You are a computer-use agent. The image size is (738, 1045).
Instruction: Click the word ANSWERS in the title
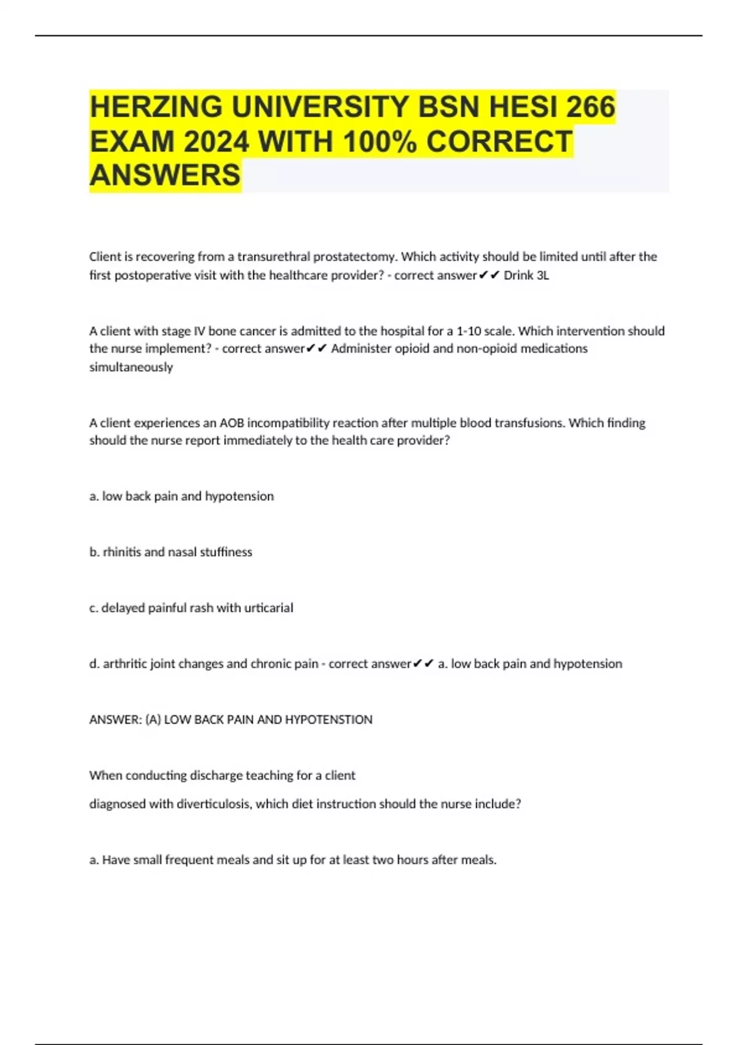click(165, 175)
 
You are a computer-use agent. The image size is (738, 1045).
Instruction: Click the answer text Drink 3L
click(526, 275)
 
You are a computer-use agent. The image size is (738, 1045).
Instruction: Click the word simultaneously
click(131, 367)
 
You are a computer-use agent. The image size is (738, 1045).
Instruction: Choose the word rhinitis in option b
click(122, 552)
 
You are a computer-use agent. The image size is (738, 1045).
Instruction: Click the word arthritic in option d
click(126, 664)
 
